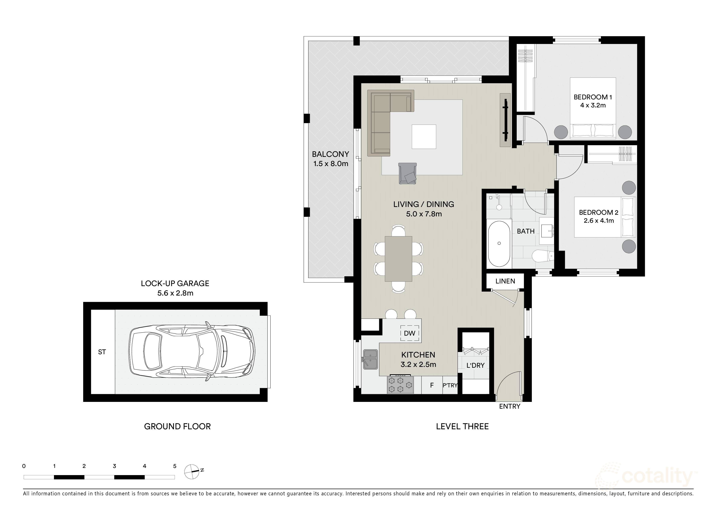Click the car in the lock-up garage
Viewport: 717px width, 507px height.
192,351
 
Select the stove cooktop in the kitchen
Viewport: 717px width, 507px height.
401,384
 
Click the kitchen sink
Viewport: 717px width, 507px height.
370,360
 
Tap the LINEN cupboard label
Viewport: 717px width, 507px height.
505,281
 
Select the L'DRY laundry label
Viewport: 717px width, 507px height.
475,365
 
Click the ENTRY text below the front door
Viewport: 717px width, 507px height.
510,406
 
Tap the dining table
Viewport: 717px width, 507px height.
399,259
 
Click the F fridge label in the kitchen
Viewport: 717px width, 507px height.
432,385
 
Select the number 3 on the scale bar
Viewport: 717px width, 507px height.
114,466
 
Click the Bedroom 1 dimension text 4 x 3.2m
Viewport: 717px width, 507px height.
593,105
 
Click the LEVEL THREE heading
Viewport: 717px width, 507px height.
462,426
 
